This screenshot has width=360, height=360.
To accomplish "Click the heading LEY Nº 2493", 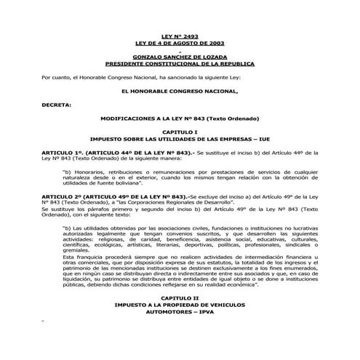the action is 179,36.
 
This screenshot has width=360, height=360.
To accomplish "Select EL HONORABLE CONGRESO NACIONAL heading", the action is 179,91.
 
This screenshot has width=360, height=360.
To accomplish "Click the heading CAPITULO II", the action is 179,299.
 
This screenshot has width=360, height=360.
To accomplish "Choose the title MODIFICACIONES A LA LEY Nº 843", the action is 179,118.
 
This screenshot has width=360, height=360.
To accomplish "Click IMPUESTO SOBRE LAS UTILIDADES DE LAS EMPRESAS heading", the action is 179,137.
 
